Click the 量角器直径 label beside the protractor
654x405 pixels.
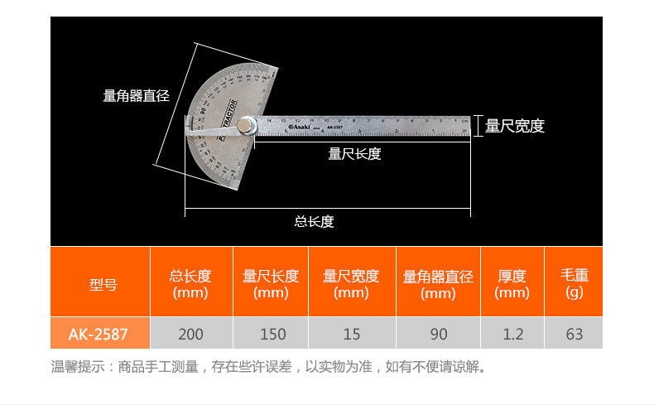[x=136, y=96]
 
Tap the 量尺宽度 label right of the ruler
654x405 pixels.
[x=514, y=126]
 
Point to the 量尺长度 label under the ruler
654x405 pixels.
[x=354, y=153]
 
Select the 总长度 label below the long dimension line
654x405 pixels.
[x=314, y=221]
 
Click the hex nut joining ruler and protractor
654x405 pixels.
[x=246, y=127]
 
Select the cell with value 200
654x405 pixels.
[x=190, y=334]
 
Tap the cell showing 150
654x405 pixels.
[x=272, y=334]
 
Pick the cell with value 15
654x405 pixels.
[x=352, y=334]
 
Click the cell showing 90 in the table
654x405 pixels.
[x=439, y=334]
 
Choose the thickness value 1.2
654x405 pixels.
[x=513, y=334]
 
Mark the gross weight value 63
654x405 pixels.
[x=574, y=334]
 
